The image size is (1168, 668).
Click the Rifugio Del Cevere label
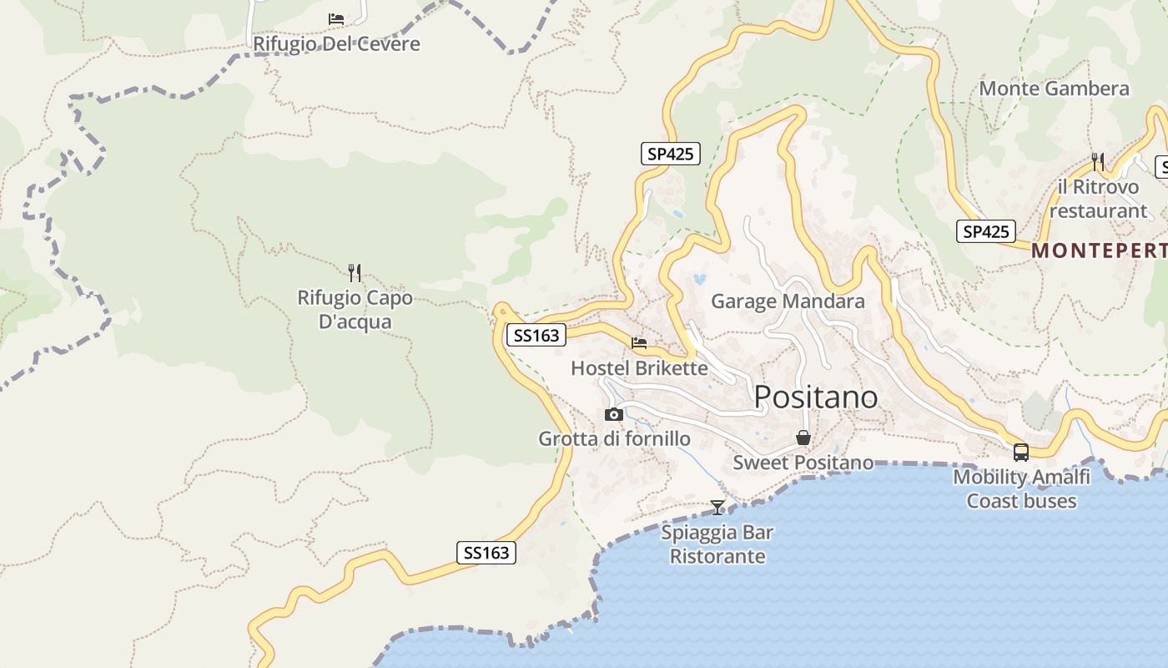[x=336, y=43]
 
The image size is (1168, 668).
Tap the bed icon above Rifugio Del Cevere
[x=336, y=18]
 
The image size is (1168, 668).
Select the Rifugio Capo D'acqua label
[x=355, y=310]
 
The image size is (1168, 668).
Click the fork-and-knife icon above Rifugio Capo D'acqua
[x=355, y=272]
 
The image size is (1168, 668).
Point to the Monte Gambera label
[x=1054, y=89]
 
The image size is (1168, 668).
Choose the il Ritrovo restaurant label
[x=1098, y=199]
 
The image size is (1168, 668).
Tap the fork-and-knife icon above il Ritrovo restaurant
[x=1098, y=161]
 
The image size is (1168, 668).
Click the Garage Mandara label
[x=788, y=301]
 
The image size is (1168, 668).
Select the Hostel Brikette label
[x=639, y=368]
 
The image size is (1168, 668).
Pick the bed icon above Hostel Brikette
[x=639, y=342]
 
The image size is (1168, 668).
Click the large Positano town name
[x=816, y=397]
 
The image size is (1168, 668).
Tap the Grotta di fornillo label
[x=614, y=439]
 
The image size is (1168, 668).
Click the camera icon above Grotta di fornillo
[x=614, y=414]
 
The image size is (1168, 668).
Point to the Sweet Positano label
[x=803, y=463]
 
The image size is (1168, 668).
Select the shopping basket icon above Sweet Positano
[x=803, y=438]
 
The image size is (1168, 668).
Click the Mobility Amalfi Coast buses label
[x=1021, y=489]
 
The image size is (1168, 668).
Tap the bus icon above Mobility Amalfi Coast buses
[x=1021, y=453]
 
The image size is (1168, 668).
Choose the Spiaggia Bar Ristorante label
[x=717, y=544]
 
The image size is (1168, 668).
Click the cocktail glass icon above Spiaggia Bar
[x=717, y=507]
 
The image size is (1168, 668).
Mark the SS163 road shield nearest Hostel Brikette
[x=536, y=336]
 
